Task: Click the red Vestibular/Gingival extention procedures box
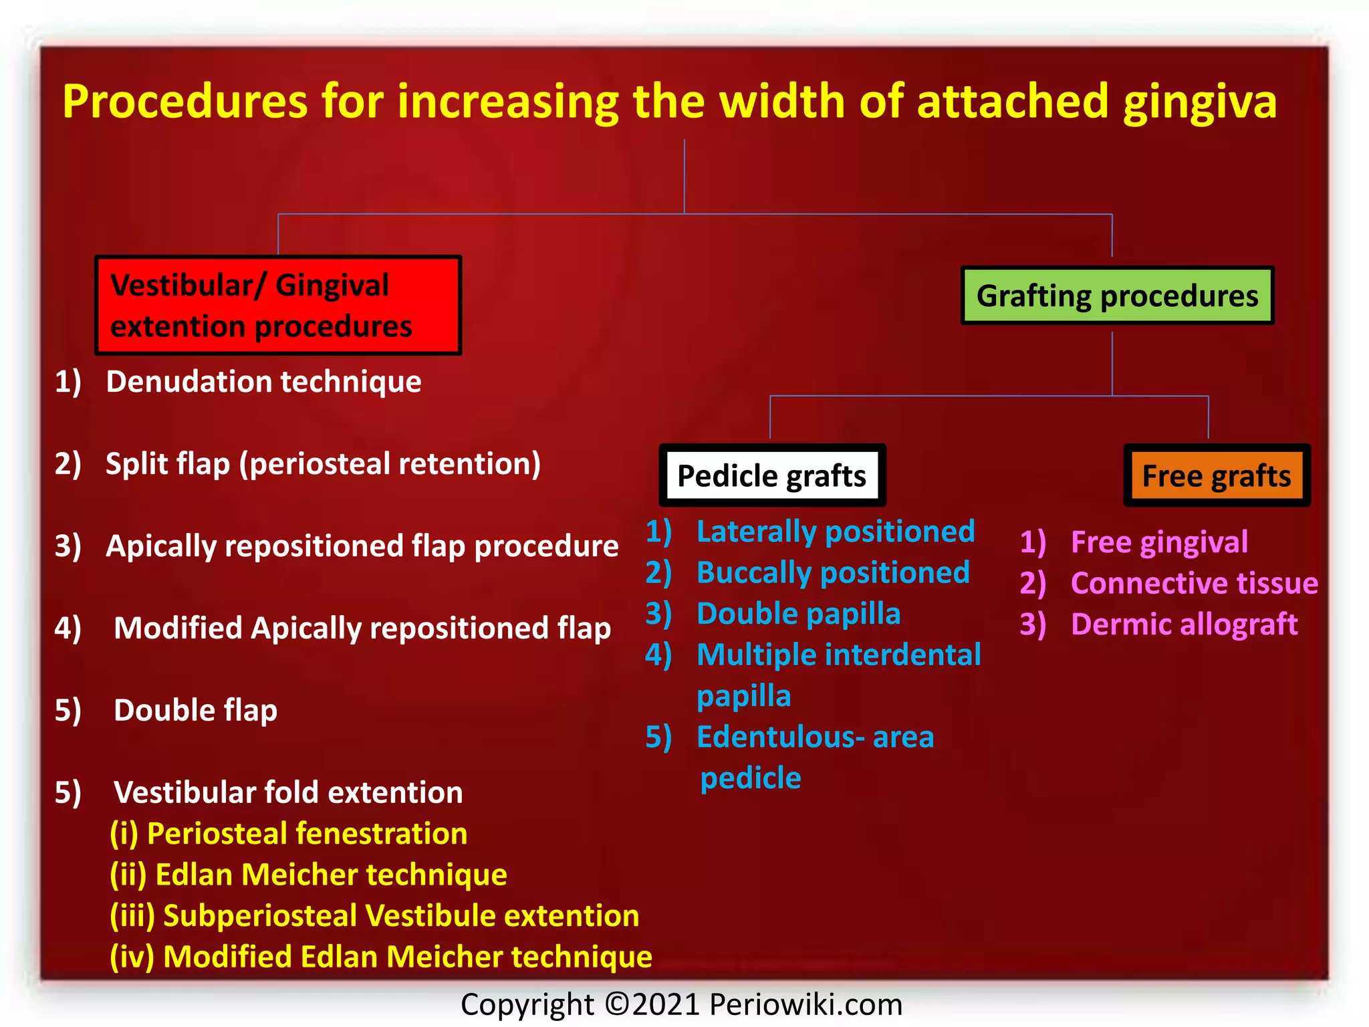pos(278,305)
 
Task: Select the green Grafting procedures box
pos(1117,296)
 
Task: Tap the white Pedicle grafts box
pos(772,475)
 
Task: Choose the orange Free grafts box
pos(1217,475)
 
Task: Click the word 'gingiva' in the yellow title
pos(1200,102)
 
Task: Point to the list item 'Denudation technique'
pos(263,382)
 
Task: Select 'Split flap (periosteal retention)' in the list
pos(323,463)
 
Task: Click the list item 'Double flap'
pos(195,710)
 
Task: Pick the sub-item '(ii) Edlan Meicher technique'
pos(308,875)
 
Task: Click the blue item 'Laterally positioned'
pos(835,532)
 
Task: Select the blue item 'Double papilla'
pos(798,614)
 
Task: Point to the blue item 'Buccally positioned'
pos(832,573)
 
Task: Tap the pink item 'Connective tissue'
pos(1194,583)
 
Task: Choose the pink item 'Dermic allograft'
pos(1184,624)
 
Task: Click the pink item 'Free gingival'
pos(1159,542)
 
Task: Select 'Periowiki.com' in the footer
pos(805,1004)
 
